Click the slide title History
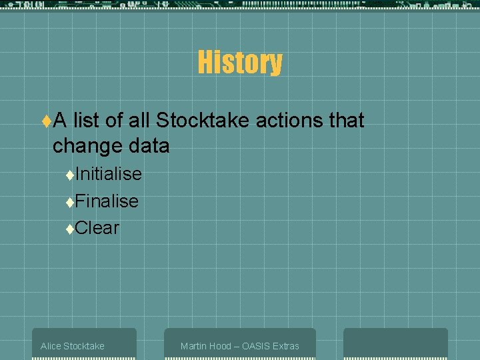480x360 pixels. tap(239, 63)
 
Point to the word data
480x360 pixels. tap(147, 145)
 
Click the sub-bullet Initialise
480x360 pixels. tap(109, 174)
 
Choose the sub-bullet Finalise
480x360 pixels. tap(107, 201)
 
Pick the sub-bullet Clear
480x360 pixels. tap(97, 228)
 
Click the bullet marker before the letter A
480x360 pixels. tap(46, 121)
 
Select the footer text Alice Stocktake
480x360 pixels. tap(72, 346)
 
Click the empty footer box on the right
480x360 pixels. tap(395, 343)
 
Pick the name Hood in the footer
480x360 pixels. tap(220, 346)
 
